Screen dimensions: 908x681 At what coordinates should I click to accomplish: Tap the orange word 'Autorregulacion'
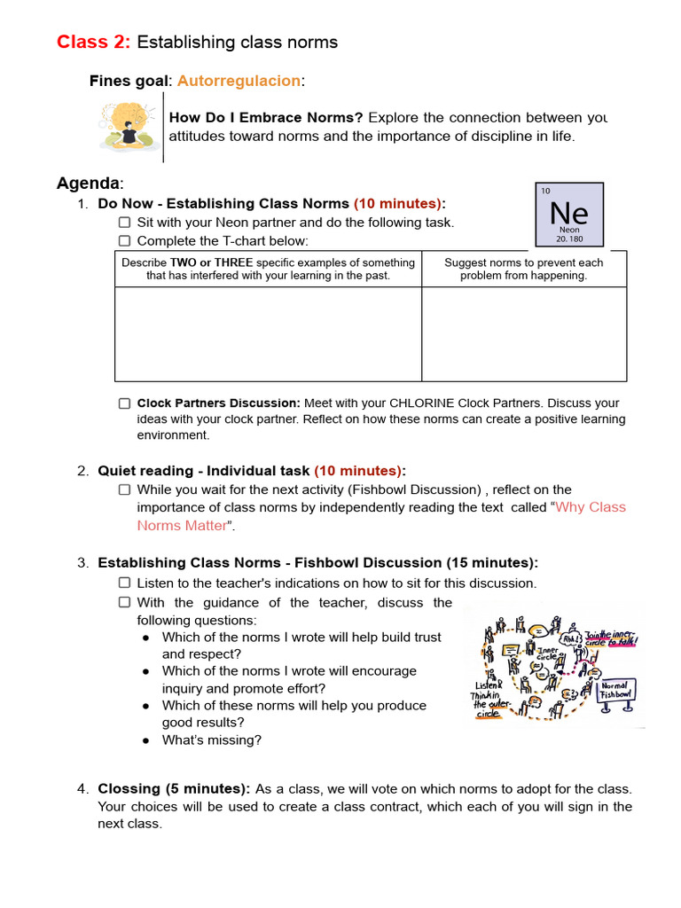tap(239, 81)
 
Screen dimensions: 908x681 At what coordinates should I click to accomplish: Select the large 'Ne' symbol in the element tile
tap(568, 213)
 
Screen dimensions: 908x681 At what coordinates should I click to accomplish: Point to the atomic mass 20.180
tap(569, 239)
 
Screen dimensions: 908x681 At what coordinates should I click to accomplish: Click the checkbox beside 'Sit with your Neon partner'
tap(125, 223)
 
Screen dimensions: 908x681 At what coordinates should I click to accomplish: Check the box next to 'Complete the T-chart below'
tap(125, 241)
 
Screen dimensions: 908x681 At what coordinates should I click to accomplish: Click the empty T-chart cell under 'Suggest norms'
tap(523, 334)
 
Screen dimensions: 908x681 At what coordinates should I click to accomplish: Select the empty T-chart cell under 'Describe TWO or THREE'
tap(268, 334)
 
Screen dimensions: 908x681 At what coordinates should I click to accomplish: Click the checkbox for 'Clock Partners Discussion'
tap(125, 403)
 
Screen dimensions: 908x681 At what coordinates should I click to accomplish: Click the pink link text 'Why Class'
tap(591, 507)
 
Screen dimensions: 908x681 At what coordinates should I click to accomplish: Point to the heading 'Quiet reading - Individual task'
tap(204, 471)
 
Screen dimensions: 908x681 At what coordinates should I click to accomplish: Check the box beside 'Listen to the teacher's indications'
tap(125, 583)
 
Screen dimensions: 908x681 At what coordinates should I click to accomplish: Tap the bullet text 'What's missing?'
tap(212, 740)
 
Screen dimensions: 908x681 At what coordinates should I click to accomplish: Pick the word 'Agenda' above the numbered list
tap(88, 184)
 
